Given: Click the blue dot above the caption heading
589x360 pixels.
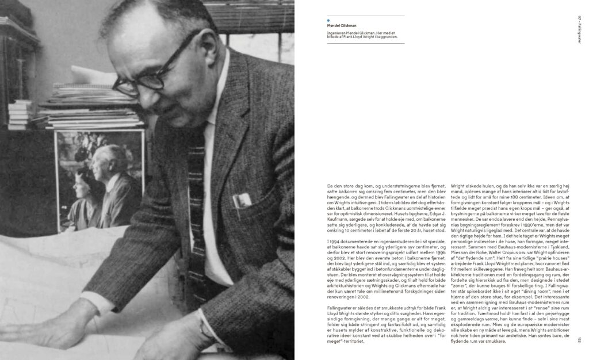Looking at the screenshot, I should (x=328, y=20).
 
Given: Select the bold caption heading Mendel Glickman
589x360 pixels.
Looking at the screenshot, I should (x=340, y=25).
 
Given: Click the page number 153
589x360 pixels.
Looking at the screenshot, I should (x=580, y=340).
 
